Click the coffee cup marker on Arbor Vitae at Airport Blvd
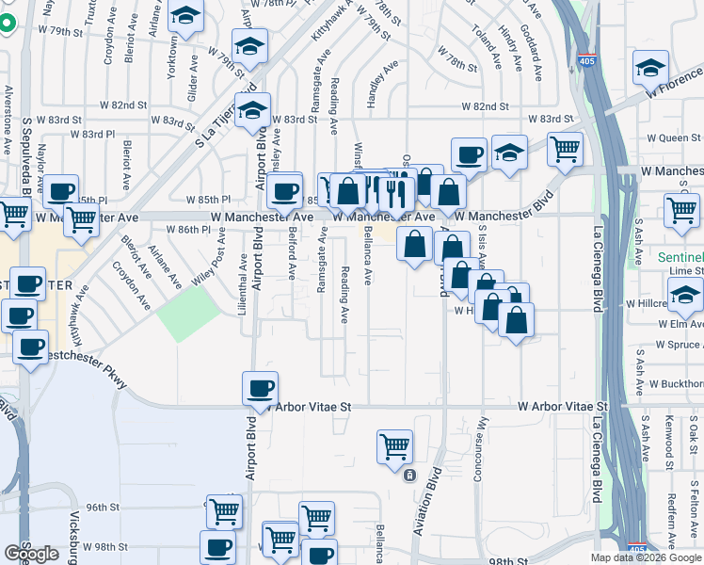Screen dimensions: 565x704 pos(260,387)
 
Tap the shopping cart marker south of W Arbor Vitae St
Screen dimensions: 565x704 pos(394,446)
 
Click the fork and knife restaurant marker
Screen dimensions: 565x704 pos(395,193)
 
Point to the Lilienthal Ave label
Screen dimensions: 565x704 pos(243,282)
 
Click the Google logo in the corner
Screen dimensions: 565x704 pos(31,554)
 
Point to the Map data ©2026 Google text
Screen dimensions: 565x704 pos(645,557)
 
